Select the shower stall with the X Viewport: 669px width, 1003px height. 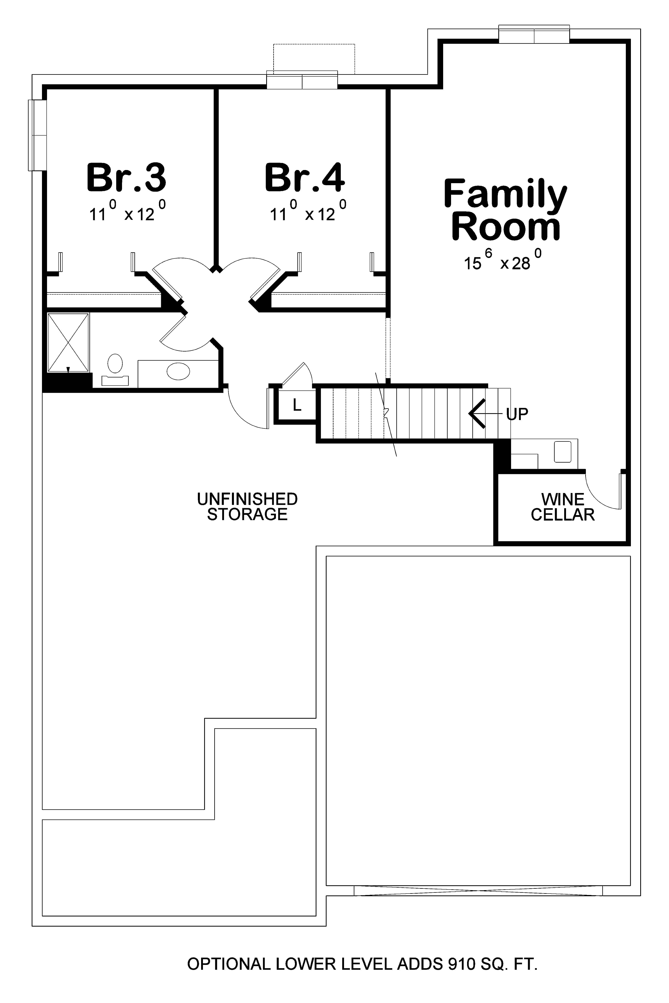68,342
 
